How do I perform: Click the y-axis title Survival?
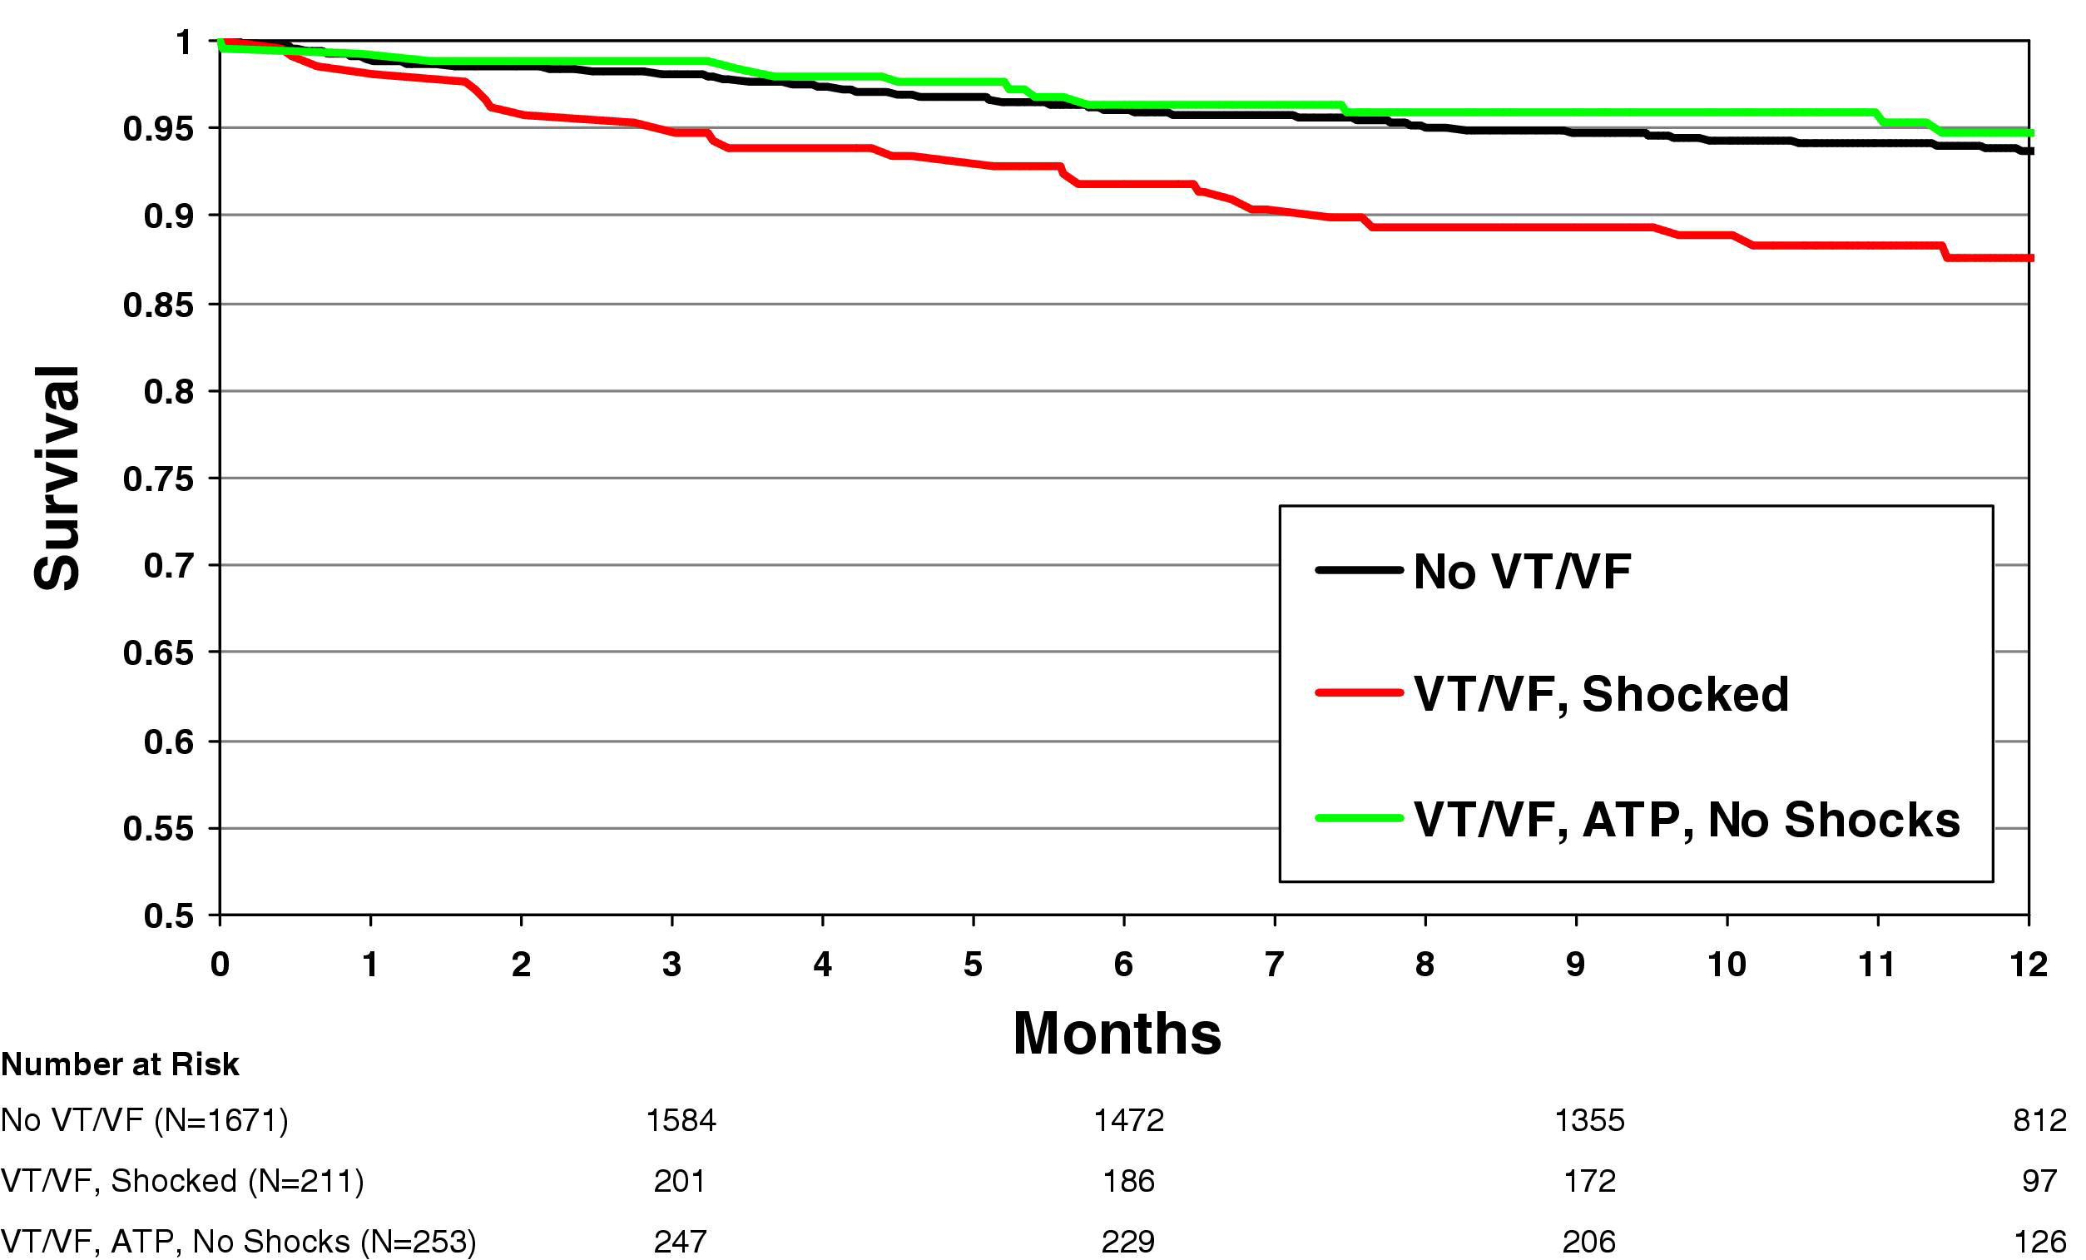coord(57,478)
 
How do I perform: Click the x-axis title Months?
coord(1117,1034)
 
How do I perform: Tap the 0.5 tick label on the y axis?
coord(168,916)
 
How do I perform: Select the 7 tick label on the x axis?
coord(1273,965)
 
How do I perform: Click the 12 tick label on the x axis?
coord(2028,965)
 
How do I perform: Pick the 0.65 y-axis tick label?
coord(157,652)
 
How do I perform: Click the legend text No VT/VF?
coord(1521,572)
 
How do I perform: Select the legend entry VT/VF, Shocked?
coord(1600,694)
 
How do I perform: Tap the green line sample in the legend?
coord(1359,818)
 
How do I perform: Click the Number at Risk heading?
coord(119,1064)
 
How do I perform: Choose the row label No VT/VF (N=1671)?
coord(144,1120)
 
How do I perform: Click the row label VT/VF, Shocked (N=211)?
coord(182,1180)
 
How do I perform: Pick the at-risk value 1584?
coord(681,1120)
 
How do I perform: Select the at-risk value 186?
coord(1127,1180)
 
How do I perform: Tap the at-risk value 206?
coord(1588,1242)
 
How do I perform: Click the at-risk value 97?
coord(2039,1180)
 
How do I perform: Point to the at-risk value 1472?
coord(1127,1120)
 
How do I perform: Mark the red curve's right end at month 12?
coord(2029,258)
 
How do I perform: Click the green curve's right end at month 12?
coord(2029,133)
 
